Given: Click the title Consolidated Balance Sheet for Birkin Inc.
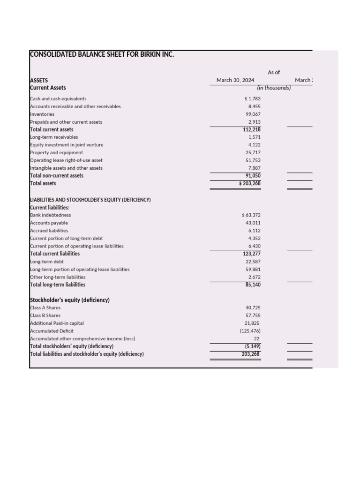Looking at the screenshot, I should pyautogui.click(x=102, y=54).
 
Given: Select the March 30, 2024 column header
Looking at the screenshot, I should pyautogui.click(x=235, y=80).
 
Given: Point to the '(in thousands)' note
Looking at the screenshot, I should pyautogui.click(x=274, y=88).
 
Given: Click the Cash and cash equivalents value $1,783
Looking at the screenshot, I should pyautogui.click(x=253, y=99).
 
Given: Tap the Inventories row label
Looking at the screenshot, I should pyautogui.click(x=42, y=114).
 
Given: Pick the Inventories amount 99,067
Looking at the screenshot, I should pyautogui.click(x=253, y=114).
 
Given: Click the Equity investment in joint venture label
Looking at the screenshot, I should pyautogui.click(x=67, y=145).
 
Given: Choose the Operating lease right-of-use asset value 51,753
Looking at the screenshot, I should pyautogui.click(x=253, y=160).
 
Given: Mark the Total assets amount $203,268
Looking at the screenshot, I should pyautogui.click(x=250, y=183).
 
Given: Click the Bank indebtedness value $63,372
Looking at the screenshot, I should pyautogui.click(x=251, y=215).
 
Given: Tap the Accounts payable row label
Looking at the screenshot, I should pyautogui.click(x=49, y=223).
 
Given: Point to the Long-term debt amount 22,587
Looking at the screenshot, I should pyautogui.click(x=253, y=262).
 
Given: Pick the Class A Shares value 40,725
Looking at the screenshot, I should pyautogui.click(x=253, y=308).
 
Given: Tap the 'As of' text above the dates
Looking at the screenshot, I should pyautogui.click(x=274, y=72).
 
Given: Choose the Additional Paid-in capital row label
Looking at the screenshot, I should pyautogui.click(x=57, y=323).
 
